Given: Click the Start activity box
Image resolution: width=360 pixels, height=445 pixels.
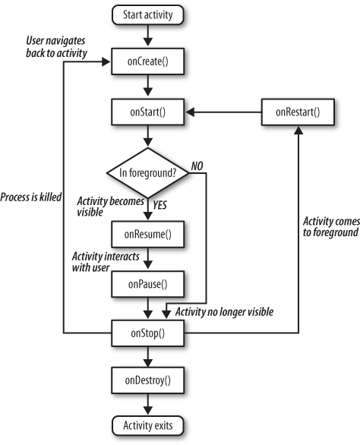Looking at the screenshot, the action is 147,14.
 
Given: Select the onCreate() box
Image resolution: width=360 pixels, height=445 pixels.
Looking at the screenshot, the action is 147,62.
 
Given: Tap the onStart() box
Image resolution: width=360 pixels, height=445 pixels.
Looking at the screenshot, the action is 147,112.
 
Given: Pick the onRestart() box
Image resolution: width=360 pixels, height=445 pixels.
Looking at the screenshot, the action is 298,112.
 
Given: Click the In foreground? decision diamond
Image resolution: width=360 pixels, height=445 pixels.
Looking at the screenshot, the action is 147,172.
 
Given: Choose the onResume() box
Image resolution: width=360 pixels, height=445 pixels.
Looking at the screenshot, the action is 147,234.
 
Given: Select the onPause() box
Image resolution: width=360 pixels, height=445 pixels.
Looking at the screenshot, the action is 147,284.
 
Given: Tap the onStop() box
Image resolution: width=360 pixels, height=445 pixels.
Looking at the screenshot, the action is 147,333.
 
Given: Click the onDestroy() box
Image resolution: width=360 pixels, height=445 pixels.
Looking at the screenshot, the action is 147,380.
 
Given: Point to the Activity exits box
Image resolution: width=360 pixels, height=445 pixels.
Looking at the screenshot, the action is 147,425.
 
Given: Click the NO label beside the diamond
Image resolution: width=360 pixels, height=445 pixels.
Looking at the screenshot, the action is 197,166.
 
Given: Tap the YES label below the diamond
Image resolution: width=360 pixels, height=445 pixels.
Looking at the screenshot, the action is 159,205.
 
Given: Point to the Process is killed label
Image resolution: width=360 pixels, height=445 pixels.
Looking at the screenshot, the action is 30,197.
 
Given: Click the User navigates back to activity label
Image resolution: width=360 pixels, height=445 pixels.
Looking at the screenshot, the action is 56,47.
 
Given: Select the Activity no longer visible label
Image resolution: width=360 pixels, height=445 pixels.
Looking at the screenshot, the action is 224,311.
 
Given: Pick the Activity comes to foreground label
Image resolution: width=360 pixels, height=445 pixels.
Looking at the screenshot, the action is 331,227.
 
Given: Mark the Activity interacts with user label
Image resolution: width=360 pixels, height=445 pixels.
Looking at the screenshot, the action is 106,262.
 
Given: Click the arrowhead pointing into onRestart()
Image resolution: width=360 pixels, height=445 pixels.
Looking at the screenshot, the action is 298,130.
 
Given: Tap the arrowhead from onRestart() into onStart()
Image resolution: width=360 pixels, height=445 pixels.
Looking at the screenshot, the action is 190,112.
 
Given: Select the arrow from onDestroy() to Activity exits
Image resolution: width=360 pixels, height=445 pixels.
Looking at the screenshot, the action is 148,404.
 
